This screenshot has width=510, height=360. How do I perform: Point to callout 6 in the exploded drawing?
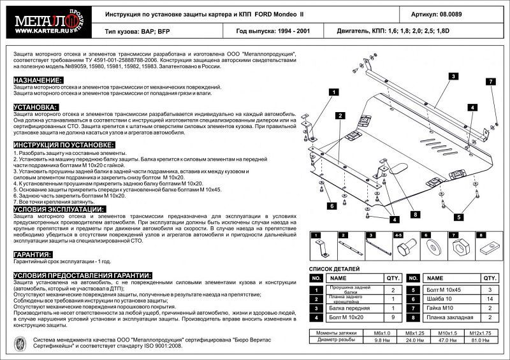click(332, 206)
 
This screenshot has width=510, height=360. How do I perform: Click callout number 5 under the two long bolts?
click(458, 217)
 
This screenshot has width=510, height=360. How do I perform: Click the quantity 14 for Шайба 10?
click(490, 299)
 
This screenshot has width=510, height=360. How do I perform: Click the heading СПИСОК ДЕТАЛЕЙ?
click(335, 270)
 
